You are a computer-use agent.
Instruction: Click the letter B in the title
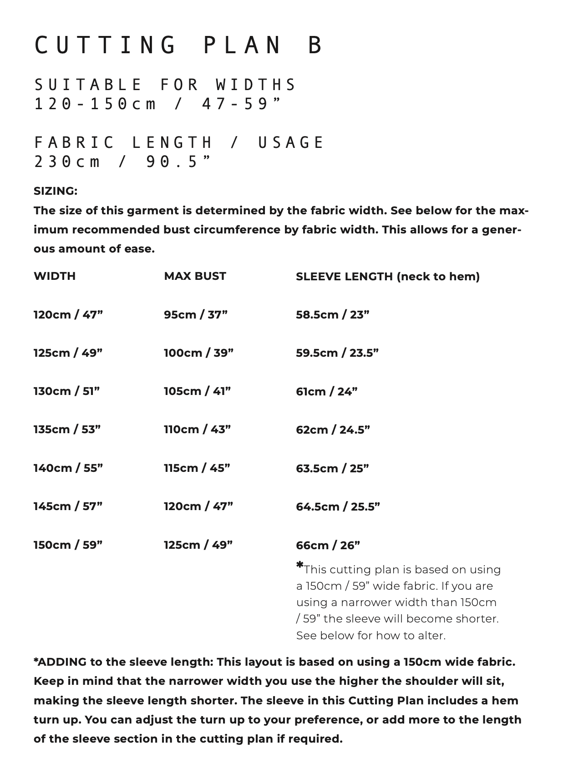tap(315, 46)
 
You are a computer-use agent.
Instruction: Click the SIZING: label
tap(56, 191)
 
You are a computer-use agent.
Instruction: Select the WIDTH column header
tap(55, 276)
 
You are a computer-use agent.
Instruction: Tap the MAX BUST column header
tap(195, 276)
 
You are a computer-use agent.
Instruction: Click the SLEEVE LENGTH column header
tap(387, 277)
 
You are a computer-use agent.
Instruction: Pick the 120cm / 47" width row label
tap(68, 314)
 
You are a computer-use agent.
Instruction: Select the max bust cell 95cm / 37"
tap(196, 314)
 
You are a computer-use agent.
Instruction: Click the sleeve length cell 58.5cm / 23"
tap(332, 314)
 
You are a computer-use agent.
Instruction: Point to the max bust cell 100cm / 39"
tap(198, 353)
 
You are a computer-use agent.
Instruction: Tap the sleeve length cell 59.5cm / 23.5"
tap(337, 353)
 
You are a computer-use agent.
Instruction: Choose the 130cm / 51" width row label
tap(66, 391)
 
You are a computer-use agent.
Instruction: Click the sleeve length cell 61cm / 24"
tap(326, 391)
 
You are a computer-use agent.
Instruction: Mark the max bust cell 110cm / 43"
tap(197, 430)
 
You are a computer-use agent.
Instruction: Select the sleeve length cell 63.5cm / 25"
tap(332, 468)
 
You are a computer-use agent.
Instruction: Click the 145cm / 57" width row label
tap(68, 506)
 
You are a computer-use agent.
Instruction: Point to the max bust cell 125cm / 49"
tap(198, 545)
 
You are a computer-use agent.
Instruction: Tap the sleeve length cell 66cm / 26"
tap(328, 545)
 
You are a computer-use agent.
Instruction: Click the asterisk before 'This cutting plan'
tap(299, 565)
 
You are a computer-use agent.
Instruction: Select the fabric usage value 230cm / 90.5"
tap(123, 162)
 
